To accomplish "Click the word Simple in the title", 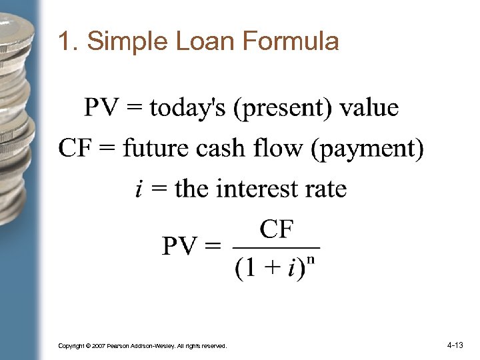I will pos(127,42).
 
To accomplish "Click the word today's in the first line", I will pos(187,107).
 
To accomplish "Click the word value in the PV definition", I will pos(369,107).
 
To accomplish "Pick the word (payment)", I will pos(367,149).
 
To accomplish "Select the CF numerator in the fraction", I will pos(276,229).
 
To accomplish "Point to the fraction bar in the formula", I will pos(276,247).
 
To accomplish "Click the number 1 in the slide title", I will pos(64,42).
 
